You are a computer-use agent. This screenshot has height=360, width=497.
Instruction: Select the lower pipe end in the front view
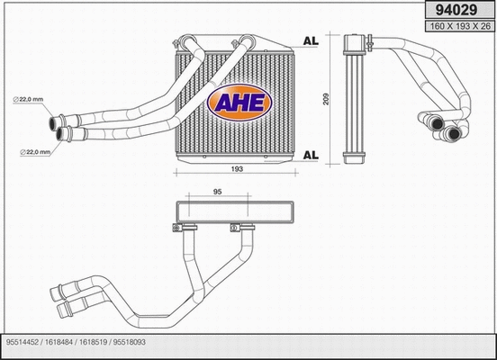[65, 134]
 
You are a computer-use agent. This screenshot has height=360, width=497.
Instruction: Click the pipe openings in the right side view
[440, 128]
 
